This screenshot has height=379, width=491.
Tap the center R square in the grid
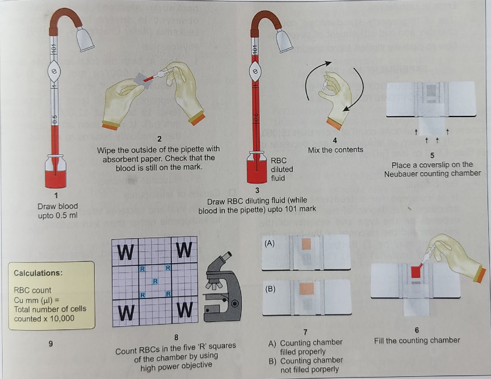(155, 281)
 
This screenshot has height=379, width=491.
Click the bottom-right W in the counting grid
(185, 310)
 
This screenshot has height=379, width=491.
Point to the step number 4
(335, 140)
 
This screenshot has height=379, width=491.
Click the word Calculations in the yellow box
(38, 273)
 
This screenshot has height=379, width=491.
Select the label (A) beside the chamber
(269, 243)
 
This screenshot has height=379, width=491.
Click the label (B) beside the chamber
(270, 289)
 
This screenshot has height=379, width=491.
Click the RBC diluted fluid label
(281, 169)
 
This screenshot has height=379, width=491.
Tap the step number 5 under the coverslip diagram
(432, 155)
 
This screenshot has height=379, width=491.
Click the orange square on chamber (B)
(306, 289)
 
